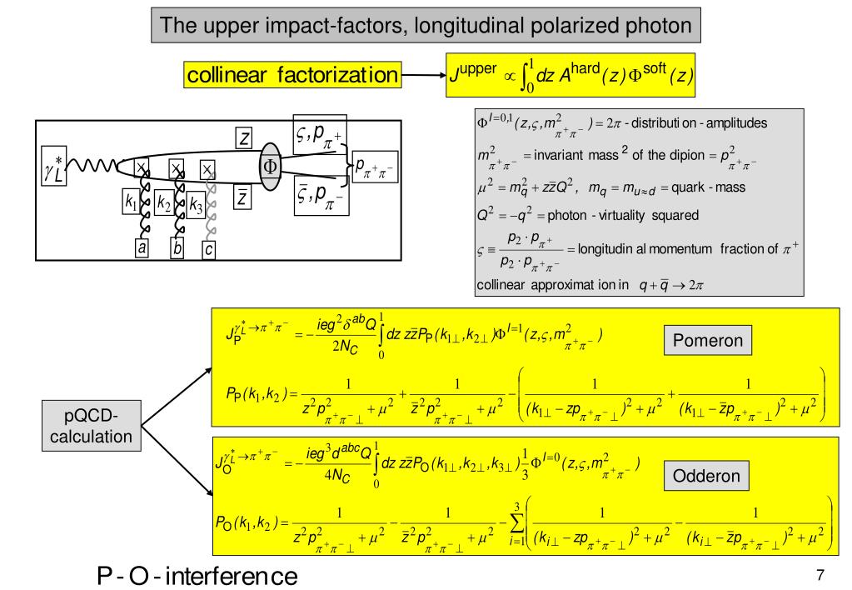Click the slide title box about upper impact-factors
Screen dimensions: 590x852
tap(426, 25)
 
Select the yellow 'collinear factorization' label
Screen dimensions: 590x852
tap(291, 76)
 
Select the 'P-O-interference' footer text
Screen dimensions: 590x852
tap(197, 574)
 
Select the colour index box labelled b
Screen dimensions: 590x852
tap(177, 247)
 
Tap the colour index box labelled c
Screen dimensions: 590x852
tap(209, 247)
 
